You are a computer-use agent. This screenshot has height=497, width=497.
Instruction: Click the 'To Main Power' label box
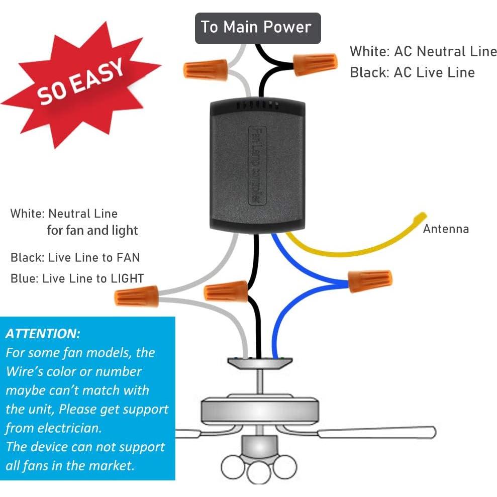click(257, 28)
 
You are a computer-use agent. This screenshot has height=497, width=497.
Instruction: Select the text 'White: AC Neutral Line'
click(423, 51)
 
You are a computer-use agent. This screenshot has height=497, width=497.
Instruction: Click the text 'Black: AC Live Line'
click(412, 72)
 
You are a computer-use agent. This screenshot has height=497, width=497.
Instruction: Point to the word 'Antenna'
click(446, 229)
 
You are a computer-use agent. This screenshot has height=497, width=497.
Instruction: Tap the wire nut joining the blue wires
click(370, 280)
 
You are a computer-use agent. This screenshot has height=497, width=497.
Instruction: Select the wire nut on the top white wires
click(205, 68)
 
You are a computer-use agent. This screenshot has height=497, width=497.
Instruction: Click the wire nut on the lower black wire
click(226, 290)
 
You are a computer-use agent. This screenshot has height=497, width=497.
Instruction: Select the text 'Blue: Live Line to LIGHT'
click(77, 278)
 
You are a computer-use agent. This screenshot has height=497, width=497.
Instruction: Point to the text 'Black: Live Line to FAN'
click(75, 258)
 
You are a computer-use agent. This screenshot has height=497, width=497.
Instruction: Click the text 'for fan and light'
click(92, 231)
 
